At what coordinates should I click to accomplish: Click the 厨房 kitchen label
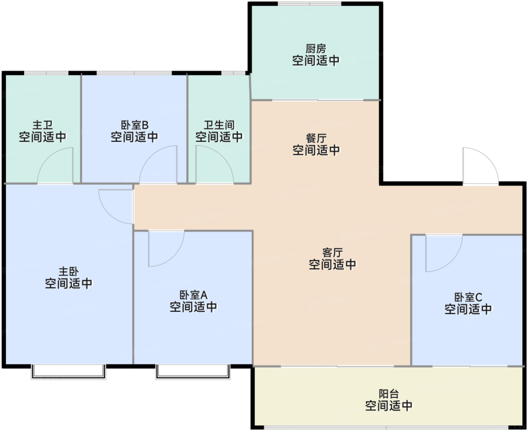tap(316, 49)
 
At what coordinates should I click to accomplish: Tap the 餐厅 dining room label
tap(316, 139)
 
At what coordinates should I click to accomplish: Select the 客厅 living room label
tap(332, 252)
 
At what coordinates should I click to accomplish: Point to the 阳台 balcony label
tap(388, 394)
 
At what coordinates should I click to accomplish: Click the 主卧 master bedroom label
tap(69, 272)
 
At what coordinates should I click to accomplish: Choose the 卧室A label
tap(193, 295)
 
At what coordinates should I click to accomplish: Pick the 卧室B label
tap(135, 125)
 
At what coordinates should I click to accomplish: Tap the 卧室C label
tap(468, 297)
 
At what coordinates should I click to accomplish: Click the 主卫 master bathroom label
tap(43, 125)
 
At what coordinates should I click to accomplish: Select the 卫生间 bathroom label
tap(219, 125)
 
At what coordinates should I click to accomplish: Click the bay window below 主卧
tap(68, 372)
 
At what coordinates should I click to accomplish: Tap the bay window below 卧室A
tap(193, 372)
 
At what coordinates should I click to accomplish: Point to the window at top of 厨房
tap(310, 4)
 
